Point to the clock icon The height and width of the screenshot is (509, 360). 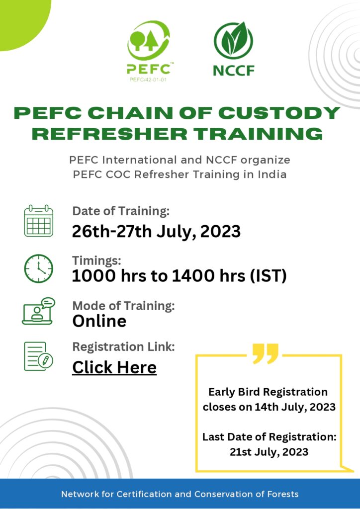pos(38,268)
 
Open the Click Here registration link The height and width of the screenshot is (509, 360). pos(114,367)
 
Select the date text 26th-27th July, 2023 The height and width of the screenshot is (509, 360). pos(156,231)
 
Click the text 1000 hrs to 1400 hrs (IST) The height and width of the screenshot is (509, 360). pos(180,276)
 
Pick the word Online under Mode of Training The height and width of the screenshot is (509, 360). pos(99,321)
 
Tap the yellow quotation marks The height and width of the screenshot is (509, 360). pos(266,353)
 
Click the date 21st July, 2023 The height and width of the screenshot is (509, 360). pos(269,452)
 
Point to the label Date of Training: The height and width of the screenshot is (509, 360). pos(121,211)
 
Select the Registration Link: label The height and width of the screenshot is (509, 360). pos(124,346)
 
